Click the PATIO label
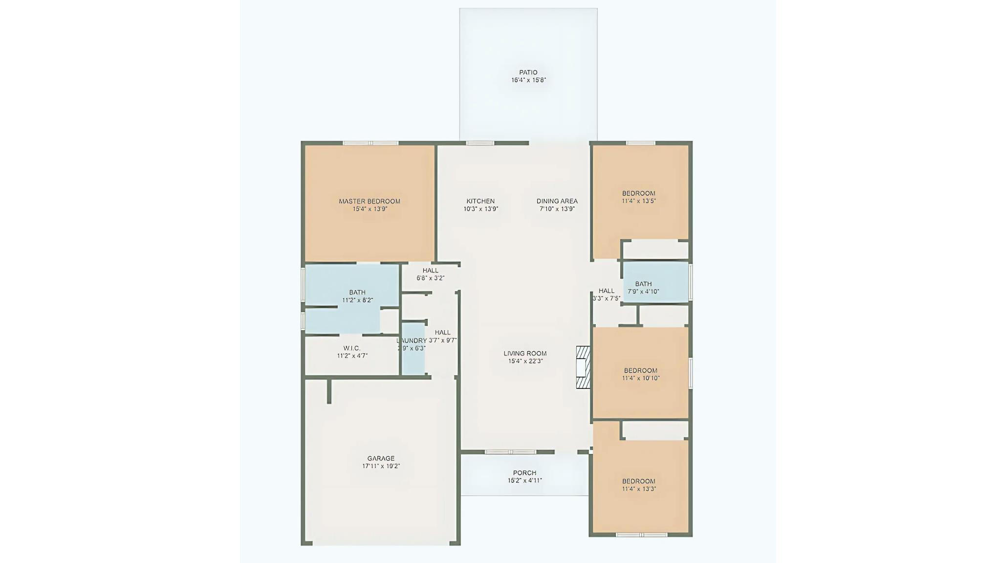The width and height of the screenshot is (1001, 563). point(528,72)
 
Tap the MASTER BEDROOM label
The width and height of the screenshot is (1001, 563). point(370,201)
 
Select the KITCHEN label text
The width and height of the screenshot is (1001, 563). point(480,201)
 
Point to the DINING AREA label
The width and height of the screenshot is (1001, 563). point(557,201)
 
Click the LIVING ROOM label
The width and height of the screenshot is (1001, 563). point(525,353)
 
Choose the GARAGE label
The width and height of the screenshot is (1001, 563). point(381,458)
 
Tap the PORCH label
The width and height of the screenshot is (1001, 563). point(524,473)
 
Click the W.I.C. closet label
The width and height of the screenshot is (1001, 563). point(352,348)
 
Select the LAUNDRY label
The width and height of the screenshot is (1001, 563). point(412,340)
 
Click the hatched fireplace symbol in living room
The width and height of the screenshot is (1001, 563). point(583,367)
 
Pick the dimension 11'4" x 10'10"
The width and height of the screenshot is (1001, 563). point(641,378)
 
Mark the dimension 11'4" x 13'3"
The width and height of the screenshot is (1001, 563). point(639,489)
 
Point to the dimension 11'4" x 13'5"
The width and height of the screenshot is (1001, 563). point(639,201)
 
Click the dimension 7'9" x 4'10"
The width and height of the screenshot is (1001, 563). point(643,292)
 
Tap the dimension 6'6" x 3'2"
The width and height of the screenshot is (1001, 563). point(430,278)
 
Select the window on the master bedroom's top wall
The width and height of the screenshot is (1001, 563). point(370,143)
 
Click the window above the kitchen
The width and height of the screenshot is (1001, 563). point(480,143)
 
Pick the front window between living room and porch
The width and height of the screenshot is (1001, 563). point(510,452)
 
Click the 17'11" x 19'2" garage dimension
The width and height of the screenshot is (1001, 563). point(381,466)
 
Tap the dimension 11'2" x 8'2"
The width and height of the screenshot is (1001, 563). point(357,300)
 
